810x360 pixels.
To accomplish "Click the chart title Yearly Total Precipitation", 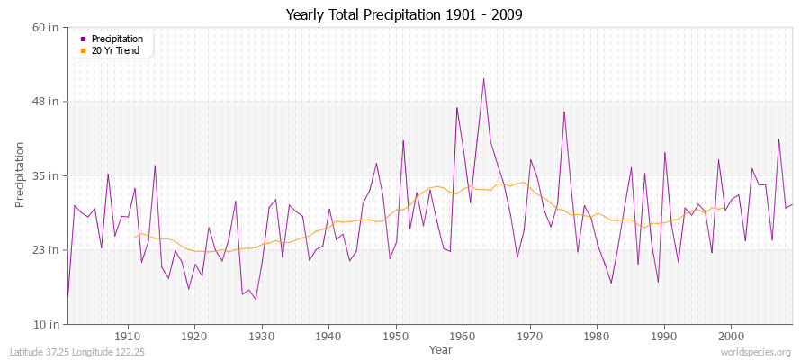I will (x=403, y=15).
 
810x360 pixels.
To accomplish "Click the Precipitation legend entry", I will (x=117, y=39).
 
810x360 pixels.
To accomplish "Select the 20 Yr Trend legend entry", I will (x=115, y=50).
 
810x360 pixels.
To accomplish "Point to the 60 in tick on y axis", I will (x=46, y=27).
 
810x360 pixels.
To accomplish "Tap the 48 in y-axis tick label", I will (x=46, y=102).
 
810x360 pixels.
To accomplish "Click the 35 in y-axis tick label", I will (x=46, y=175).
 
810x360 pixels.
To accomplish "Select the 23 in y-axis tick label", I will (x=46, y=249).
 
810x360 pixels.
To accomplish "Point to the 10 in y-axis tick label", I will (x=46, y=323).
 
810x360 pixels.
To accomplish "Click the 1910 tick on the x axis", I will (x=127, y=336).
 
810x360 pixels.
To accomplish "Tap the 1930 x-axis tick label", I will (x=261, y=336).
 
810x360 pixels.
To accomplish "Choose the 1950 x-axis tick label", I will (x=395, y=336).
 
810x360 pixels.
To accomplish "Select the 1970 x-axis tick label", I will (x=530, y=336).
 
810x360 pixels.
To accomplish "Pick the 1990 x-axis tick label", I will (x=664, y=336).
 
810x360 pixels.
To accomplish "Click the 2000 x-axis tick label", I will (x=731, y=336).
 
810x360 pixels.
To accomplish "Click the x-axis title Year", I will (x=441, y=348).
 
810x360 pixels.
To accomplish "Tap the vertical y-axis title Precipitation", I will (x=20, y=175).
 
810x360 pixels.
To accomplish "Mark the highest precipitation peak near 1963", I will (x=483, y=78).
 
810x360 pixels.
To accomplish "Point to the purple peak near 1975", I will (x=564, y=112).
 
